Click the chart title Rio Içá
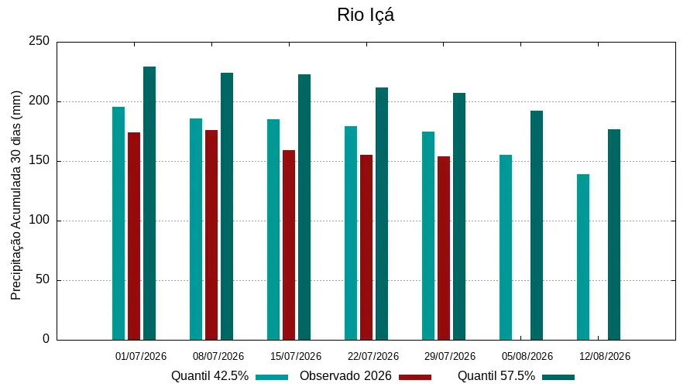366,15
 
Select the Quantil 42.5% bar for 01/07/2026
118,224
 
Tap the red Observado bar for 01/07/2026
134,236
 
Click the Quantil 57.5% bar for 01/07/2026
149,204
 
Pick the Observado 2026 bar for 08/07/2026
211,235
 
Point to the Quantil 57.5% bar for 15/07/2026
304,207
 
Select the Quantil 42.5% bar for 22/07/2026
351,233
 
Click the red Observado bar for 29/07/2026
444,248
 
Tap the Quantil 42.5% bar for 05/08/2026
506,248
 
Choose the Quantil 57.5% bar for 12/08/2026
614,235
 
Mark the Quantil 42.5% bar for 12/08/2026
583,257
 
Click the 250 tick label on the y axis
39,41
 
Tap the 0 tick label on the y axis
46,339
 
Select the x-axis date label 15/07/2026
296,356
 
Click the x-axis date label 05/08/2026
527,356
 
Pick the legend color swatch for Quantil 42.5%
272,377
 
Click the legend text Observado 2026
345,376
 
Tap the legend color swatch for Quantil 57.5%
558,377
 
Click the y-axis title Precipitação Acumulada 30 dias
16,195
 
